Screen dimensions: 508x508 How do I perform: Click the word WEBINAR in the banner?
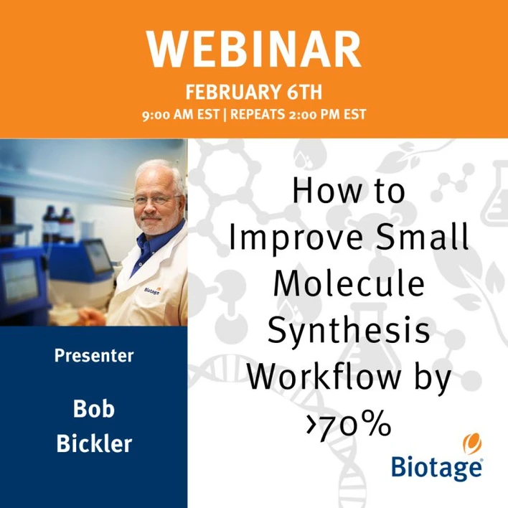254,50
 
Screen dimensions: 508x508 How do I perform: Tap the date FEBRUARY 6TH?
254,92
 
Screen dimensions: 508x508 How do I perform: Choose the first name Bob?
93,410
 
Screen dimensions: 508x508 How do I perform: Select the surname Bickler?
93,443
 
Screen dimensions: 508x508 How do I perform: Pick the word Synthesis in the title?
349,331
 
